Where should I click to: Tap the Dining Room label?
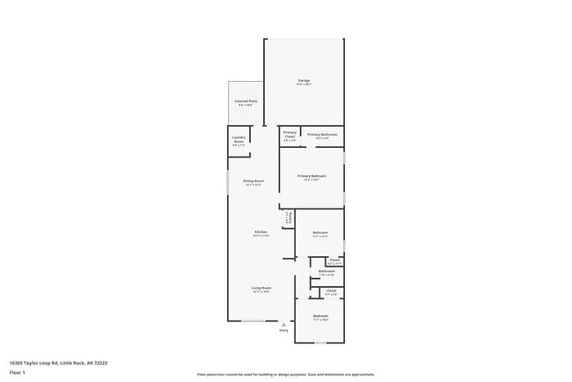tap(253, 182)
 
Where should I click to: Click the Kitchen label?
tap(260, 233)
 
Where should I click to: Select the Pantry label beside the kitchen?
tap(287, 219)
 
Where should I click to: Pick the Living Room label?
tap(261, 290)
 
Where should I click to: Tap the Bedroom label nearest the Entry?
tap(320, 316)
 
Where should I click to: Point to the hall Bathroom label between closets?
tap(326, 273)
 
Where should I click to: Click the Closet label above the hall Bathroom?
tap(334, 261)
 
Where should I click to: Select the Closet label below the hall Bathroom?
tap(331, 292)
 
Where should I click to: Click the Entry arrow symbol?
tap(283, 323)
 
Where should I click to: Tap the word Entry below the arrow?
tap(283, 330)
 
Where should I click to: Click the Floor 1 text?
tap(18, 372)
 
